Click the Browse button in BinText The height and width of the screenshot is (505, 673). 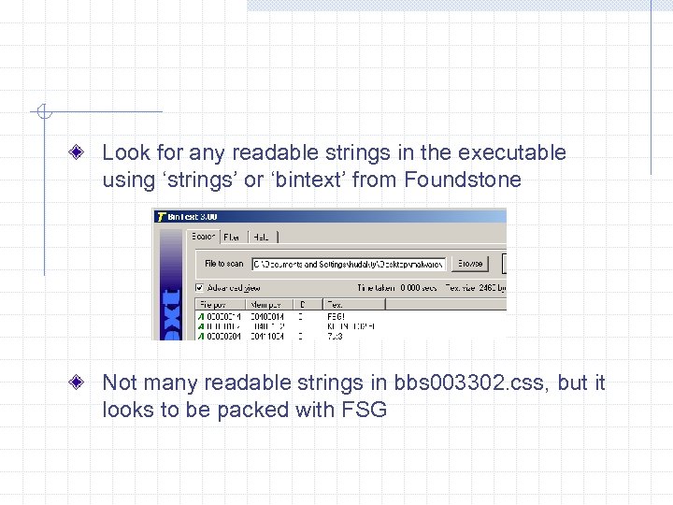coord(471,264)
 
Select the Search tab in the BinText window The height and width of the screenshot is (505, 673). coord(203,238)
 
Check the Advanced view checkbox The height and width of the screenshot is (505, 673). coord(199,287)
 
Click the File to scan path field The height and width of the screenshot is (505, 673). coord(349,264)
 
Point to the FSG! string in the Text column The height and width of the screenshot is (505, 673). coord(336,317)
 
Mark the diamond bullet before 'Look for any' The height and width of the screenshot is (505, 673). coord(85,152)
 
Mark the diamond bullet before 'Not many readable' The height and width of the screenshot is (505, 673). coord(85,382)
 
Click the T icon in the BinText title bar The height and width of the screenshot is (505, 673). coord(161,216)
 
